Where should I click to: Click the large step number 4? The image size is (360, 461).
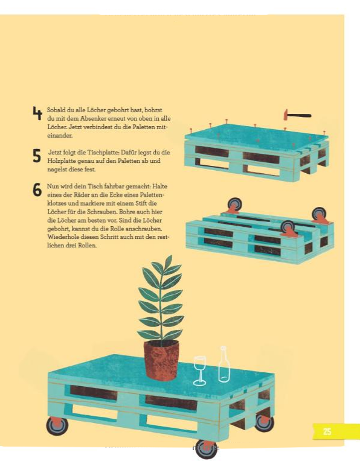(37, 113)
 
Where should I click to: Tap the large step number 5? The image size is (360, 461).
(37, 156)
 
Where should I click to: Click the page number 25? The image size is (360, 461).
(327, 431)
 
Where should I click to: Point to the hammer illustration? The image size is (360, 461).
(297, 115)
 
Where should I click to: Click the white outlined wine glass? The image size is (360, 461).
(199, 370)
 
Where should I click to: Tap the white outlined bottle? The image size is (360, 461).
(224, 364)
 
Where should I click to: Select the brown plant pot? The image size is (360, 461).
(161, 360)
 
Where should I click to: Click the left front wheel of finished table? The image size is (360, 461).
(57, 425)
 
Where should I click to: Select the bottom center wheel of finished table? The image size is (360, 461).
(206, 449)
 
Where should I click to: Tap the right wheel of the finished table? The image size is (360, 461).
(265, 422)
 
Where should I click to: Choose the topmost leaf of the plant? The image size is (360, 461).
(169, 261)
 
